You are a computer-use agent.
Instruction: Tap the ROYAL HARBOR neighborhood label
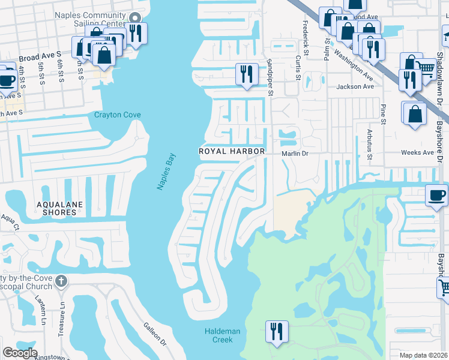pos(232,152)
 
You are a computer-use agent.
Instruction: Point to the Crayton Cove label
pos(116,115)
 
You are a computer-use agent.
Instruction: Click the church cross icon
pos(61,281)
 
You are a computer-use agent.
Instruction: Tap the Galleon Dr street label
pos(154,333)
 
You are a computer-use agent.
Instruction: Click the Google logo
pos(20,353)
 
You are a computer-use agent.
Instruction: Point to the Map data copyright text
pos(423,355)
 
